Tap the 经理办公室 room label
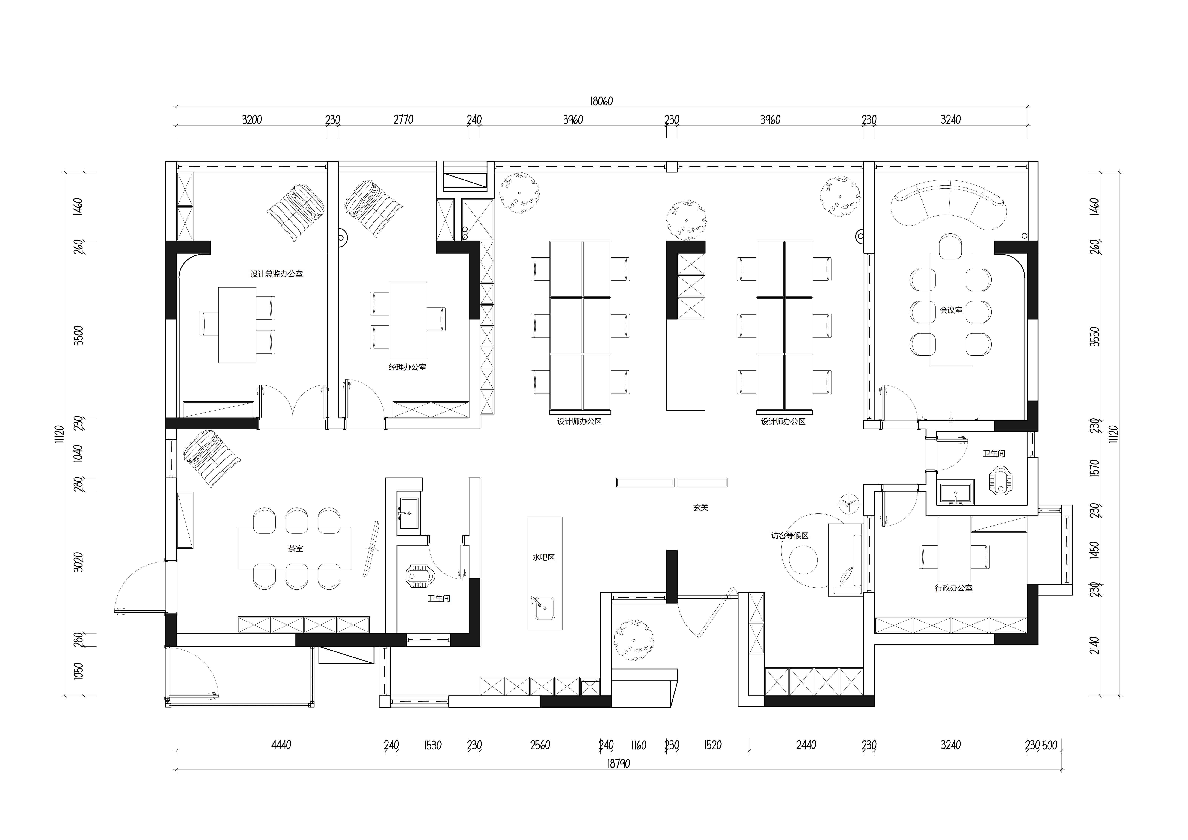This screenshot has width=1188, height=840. [408, 367]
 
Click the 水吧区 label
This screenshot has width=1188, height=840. [544, 557]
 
